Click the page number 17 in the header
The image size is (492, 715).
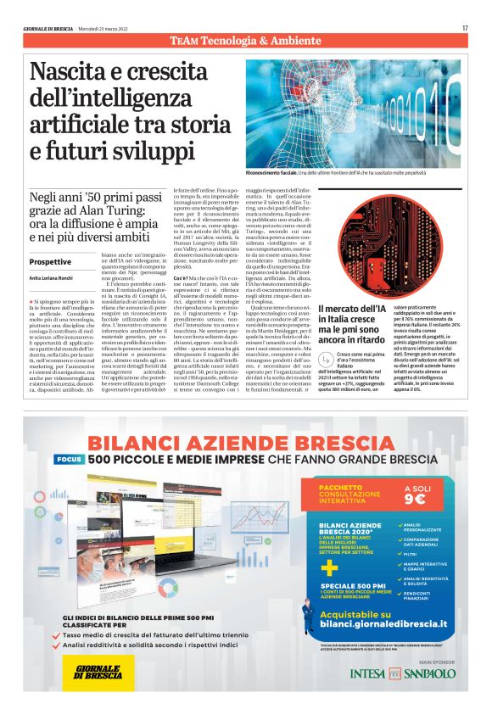tap(465, 28)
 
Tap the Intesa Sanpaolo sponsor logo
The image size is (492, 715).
tap(402, 673)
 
